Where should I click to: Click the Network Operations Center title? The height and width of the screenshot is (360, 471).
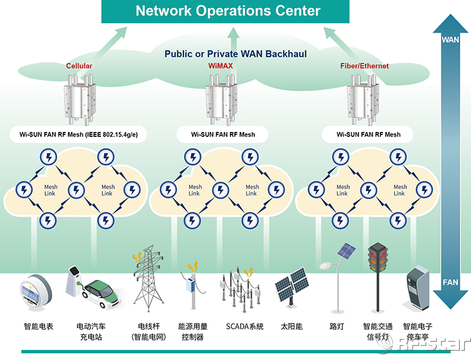coord(228,11)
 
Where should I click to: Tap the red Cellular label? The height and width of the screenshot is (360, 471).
coord(79,66)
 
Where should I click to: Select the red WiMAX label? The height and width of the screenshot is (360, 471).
coord(221,66)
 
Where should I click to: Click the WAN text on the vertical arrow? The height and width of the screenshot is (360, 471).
coord(450,40)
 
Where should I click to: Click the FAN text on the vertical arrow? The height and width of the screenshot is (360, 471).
coord(450,283)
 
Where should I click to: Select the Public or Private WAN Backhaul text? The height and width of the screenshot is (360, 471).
coord(235,54)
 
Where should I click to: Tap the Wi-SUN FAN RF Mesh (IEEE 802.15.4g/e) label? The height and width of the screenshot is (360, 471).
coord(78,134)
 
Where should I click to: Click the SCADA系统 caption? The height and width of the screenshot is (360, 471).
coord(245,327)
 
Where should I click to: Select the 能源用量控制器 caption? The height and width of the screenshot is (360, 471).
coord(193,332)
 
